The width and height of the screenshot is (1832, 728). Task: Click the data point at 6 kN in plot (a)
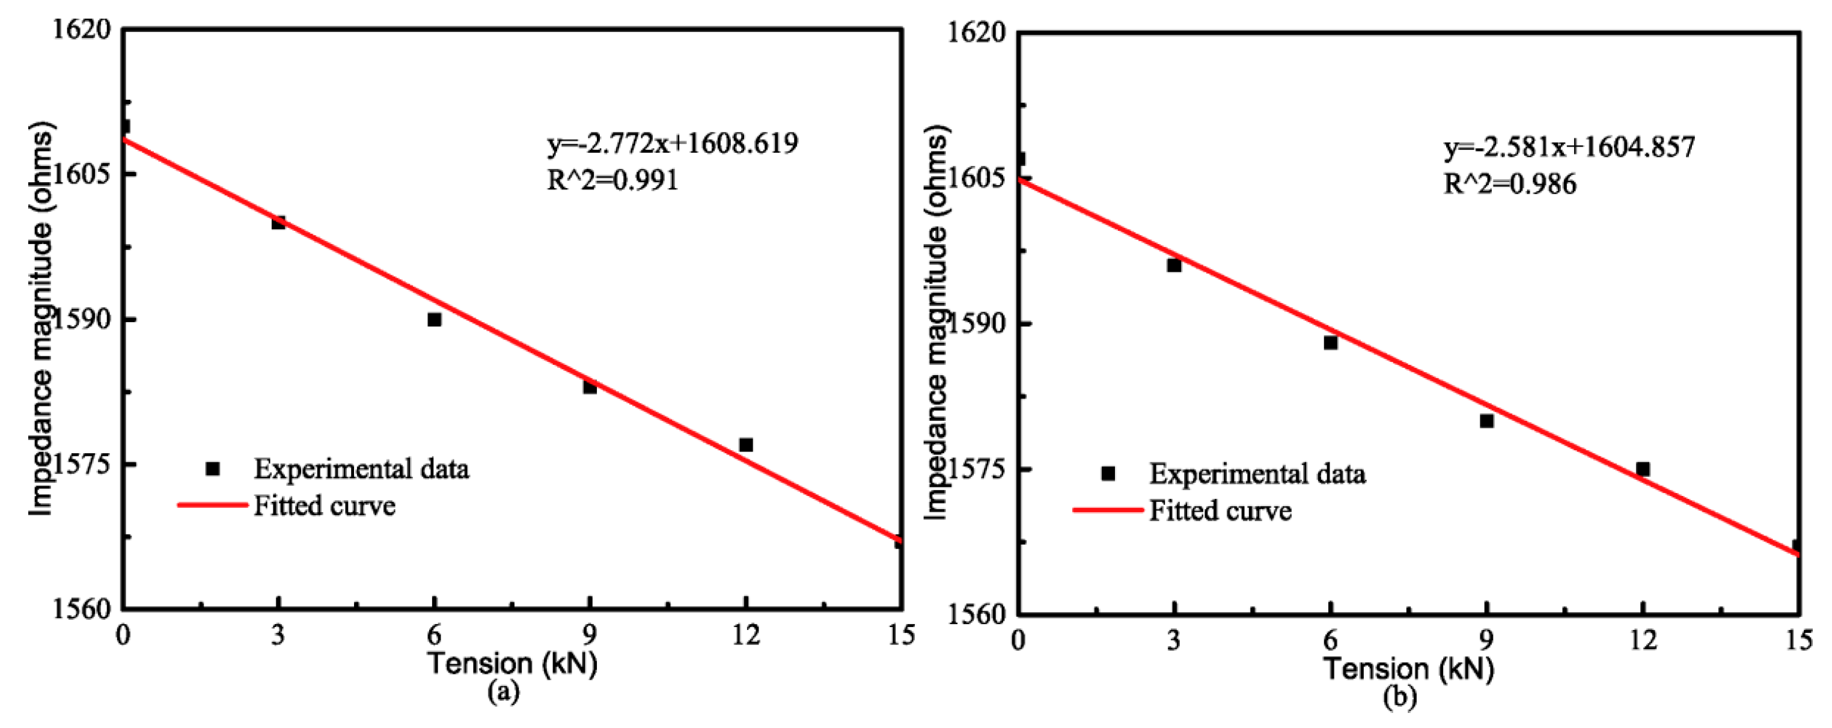pyautogui.click(x=435, y=320)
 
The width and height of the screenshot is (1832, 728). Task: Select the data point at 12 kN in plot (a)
pyautogui.click(x=746, y=445)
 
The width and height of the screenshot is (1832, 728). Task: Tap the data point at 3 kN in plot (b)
pyautogui.click(x=1174, y=266)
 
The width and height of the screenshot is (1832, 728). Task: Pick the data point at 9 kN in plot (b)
pyautogui.click(x=1487, y=421)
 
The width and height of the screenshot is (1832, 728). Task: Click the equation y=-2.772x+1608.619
pyautogui.click(x=672, y=144)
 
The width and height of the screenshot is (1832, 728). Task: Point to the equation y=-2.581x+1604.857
pyautogui.click(x=1569, y=147)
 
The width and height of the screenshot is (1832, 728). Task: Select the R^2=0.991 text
pyautogui.click(x=612, y=180)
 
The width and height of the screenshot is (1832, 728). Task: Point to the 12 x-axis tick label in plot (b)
pyautogui.click(x=1643, y=640)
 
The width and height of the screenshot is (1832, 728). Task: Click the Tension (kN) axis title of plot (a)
pyautogui.click(x=512, y=664)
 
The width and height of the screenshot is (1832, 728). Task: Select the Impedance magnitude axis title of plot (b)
pyautogui.click(x=936, y=324)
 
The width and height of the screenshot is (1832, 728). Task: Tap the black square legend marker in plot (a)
pyautogui.click(x=212, y=469)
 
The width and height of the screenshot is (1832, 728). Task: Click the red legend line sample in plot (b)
pyautogui.click(x=1107, y=510)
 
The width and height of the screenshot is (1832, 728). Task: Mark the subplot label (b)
pyautogui.click(x=1400, y=697)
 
